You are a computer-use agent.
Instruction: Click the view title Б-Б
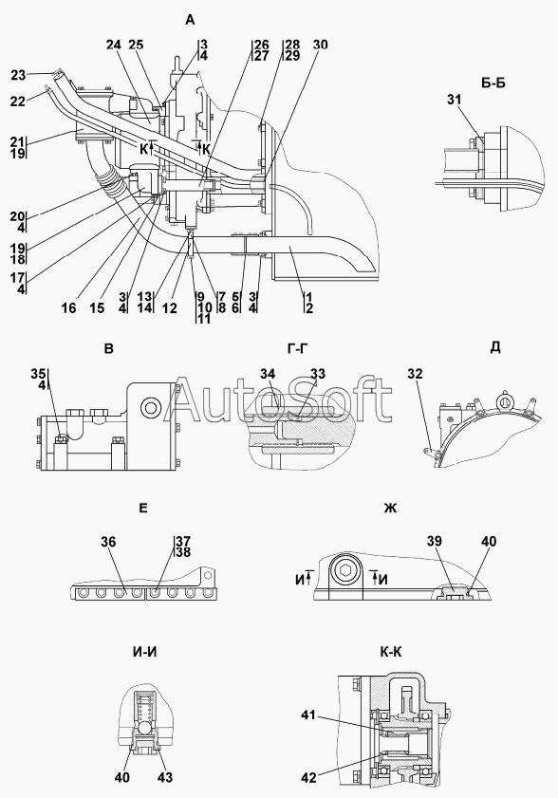click(x=493, y=83)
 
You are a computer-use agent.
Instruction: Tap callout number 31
click(x=455, y=100)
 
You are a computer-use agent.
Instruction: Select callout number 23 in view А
click(x=18, y=75)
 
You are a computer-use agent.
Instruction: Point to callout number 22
click(x=18, y=102)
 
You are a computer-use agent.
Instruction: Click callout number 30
click(x=320, y=45)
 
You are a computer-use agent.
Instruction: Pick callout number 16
click(x=68, y=307)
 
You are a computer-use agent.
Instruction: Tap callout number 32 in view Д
click(x=415, y=374)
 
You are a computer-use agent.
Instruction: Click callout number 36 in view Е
click(x=108, y=542)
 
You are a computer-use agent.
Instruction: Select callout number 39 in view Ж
click(x=435, y=542)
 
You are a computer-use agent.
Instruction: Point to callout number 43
click(x=165, y=777)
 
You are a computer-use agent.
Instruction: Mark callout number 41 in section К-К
click(x=308, y=715)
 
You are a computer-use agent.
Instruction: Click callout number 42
click(x=308, y=777)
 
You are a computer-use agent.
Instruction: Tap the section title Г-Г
click(x=298, y=348)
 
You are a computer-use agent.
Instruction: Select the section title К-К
click(x=390, y=652)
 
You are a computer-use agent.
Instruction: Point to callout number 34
click(x=268, y=374)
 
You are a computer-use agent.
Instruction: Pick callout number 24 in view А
click(x=114, y=45)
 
